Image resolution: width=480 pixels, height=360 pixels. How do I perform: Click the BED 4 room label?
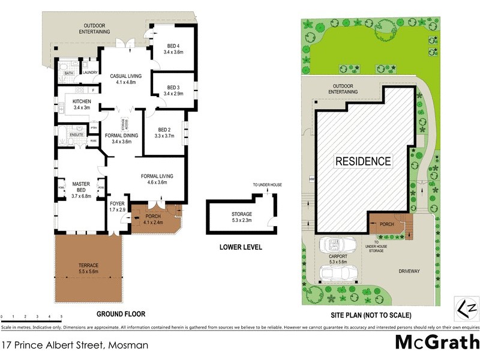(x=170, y=46)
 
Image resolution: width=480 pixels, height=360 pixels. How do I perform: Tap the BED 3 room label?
(x=170, y=88)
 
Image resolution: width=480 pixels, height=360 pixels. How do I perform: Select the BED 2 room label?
(x=164, y=130)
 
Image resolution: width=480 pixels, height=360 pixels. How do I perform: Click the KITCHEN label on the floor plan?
(x=82, y=101)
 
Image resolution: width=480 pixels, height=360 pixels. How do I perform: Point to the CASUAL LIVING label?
(x=125, y=76)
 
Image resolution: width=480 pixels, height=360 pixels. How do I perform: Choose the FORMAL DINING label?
(x=122, y=136)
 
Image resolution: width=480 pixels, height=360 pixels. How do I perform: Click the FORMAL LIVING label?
(x=157, y=176)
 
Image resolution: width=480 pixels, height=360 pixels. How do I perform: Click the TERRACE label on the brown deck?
(x=88, y=265)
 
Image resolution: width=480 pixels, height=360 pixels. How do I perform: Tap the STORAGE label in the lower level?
(x=242, y=214)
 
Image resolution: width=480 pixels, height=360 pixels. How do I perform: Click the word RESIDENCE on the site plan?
(x=362, y=161)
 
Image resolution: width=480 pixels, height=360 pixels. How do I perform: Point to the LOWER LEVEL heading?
(x=241, y=246)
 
